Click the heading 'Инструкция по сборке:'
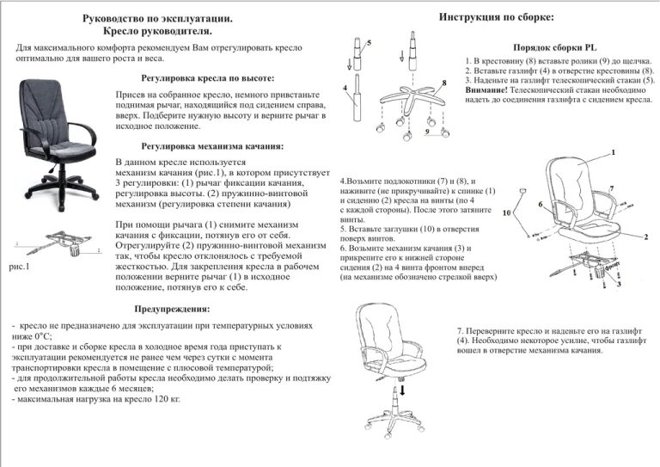click(496, 17)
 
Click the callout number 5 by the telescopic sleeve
click(369, 42)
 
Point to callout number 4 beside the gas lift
click(344, 89)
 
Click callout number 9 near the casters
click(427, 133)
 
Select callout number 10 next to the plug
click(507, 212)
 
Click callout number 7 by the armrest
click(611, 188)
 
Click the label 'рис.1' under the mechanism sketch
click(19, 267)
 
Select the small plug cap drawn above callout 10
click(522, 191)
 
